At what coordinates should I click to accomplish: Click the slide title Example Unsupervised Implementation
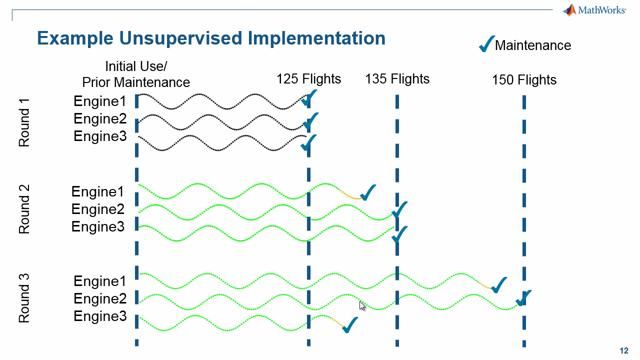click(210, 39)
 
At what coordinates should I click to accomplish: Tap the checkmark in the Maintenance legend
click(487, 43)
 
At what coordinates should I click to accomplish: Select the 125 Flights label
click(309, 78)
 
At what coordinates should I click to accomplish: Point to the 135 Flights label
click(397, 78)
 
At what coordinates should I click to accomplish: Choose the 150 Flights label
click(524, 78)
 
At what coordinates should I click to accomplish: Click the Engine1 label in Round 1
click(100, 102)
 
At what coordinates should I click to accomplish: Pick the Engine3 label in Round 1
click(100, 137)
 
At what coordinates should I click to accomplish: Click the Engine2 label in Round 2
click(98, 209)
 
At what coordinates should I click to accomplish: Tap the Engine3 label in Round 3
click(98, 317)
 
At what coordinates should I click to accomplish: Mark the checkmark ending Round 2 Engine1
click(367, 191)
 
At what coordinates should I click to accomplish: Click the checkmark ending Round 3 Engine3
click(349, 325)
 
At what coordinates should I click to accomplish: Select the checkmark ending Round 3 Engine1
click(499, 285)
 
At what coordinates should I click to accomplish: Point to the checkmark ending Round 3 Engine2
click(523, 298)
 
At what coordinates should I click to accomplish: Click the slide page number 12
click(624, 349)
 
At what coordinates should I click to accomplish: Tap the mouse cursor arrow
click(362, 305)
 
